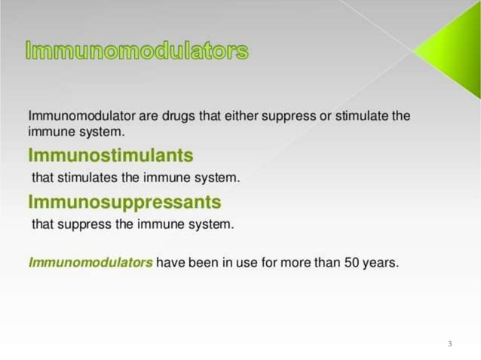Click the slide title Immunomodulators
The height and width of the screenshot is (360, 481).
(x=136, y=52)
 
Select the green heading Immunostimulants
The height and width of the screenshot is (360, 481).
(x=110, y=156)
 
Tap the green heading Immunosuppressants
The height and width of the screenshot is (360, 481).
(x=124, y=203)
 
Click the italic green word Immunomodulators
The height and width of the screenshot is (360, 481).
(x=90, y=263)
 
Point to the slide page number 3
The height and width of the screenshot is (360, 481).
(x=449, y=343)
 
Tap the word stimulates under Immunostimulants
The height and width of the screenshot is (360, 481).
(x=87, y=178)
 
